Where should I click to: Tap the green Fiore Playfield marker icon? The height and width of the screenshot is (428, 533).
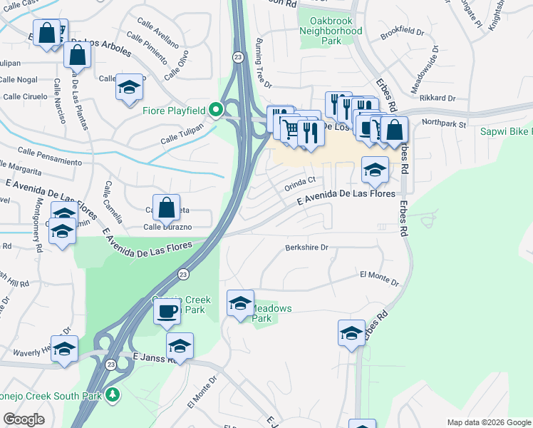219,110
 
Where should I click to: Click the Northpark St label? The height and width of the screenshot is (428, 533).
443,123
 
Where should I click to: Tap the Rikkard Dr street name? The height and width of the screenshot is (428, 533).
438,98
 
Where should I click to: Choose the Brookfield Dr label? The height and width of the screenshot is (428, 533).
402,34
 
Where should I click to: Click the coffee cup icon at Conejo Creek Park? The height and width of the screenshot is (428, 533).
167,312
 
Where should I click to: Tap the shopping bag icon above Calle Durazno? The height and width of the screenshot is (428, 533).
166,208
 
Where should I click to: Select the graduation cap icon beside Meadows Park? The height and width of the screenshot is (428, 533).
240,303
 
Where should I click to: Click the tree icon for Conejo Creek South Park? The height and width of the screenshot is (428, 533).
112,394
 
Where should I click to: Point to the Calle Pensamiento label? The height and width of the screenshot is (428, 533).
50,156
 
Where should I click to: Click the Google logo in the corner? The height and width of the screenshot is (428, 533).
24,419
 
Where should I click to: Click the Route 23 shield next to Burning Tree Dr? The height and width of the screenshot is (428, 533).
237,56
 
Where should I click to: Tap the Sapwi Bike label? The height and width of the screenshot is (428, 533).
504,132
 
